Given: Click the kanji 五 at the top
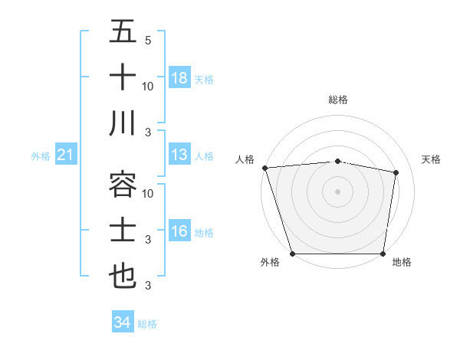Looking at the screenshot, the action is click(123, 33).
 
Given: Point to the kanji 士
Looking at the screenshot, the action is click(123, 229).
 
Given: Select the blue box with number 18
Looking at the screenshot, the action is click(179, 78).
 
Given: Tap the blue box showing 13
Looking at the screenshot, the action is click(179, 155).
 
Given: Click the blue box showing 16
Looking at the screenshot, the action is click(179, 231).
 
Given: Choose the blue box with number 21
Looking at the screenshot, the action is click(65, 155).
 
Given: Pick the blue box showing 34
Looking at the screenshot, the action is click(122, 322).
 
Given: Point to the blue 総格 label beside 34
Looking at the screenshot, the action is click(147, 324).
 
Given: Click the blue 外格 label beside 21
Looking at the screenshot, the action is click(41, 156).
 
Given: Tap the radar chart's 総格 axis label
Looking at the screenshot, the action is click(338, 100).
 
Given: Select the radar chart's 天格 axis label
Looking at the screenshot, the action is click(432, 159).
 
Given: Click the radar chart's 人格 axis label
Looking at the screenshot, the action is click(245, 159).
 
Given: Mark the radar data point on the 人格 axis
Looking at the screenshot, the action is click(264, 167).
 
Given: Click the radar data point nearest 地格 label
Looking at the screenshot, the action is click(383, 254).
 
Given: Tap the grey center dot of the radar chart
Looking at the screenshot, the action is click(338, 191).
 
